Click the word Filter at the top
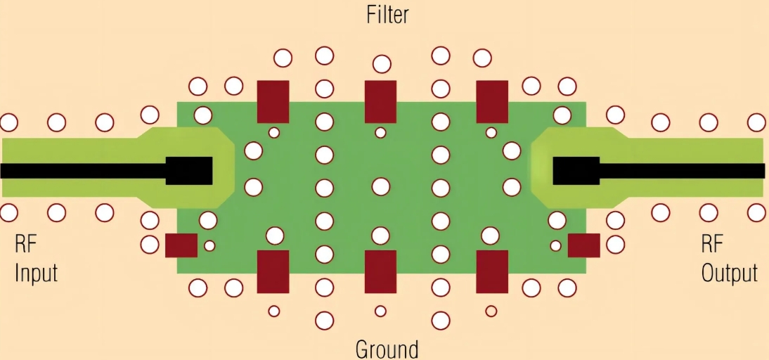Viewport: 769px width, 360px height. point(387,15)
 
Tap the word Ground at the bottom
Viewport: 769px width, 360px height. point(387,349)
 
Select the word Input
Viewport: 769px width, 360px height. point(36,272)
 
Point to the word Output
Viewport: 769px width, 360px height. point(730,273)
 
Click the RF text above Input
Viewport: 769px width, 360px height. point(25,245)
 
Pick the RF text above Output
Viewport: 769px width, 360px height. point(713,245)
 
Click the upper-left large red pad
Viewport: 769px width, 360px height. point(273,101)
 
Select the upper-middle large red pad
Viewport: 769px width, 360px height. point(380,101)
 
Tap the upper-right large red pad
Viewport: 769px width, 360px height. point(492,101)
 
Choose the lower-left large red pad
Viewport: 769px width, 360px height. point(273,271)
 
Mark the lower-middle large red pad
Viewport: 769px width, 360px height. point(380,271)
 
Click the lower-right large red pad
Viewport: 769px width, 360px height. point(492,271)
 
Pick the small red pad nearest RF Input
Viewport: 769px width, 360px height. point(181,245)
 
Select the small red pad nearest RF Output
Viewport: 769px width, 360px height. point(583,245)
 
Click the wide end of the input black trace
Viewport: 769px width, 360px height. point(189,170)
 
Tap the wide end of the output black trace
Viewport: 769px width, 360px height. point(576,170)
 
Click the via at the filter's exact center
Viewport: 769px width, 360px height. point(380,186)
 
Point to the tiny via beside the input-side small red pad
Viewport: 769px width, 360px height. point(209,245)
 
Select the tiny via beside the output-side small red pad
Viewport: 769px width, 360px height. point(555,245)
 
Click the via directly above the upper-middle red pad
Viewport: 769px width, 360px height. point(382,64)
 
